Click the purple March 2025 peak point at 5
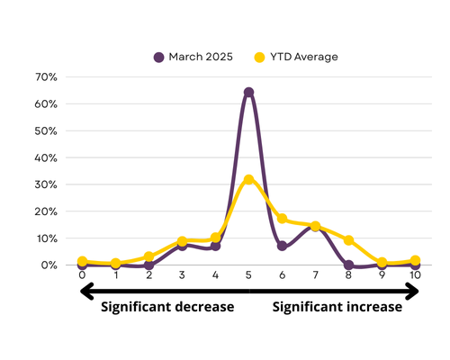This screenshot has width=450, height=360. tap(248, 92)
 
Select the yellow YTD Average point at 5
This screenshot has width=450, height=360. tap(248, 179)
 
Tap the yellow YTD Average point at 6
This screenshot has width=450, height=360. tap(282, 219)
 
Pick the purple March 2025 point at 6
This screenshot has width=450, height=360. tap(282, 246)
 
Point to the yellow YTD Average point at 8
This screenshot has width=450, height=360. tap(348, 240)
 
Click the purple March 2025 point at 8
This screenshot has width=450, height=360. tap(348, 265)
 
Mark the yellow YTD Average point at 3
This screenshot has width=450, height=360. tap(182, 241)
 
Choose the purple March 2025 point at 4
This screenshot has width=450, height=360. tap(215, 246)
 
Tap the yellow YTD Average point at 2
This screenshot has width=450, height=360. tap(148, 256)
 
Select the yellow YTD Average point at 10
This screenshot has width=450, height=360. tap(415, 260)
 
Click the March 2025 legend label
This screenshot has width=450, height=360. tap(201, 57)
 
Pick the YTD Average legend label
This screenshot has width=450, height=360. tap(304, 57)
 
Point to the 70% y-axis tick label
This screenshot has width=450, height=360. tap(46, 77)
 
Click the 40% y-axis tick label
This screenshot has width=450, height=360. tap(46, 157)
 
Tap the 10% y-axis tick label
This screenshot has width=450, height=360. tap(47, 238)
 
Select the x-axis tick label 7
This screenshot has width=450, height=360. tap(315, 274)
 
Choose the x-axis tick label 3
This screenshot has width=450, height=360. tap(182, 274)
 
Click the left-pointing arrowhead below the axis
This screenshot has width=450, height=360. tap(87, 291)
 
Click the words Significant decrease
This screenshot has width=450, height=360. tap(167, 307)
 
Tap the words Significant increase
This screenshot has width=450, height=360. tap(337, 307)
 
